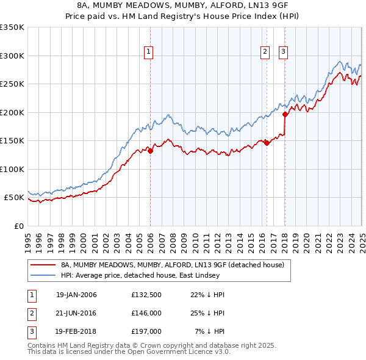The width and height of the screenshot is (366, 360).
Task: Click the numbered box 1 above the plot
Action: point(149,52)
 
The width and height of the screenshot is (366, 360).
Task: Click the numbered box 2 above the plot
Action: point(265,52)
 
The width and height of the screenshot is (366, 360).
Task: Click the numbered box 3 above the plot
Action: point(284,52)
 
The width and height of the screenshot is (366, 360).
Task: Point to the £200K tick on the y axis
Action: point(13,112)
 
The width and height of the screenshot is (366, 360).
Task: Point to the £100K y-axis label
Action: point(13,169)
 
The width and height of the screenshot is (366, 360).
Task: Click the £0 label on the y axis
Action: point(18,226)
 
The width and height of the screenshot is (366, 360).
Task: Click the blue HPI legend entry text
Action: point(152,275)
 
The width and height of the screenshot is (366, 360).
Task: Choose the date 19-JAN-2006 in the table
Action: point(76,295)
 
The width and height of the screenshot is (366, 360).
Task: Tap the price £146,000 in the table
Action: point(146,313)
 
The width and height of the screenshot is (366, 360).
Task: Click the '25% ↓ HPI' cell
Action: point(207,313)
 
